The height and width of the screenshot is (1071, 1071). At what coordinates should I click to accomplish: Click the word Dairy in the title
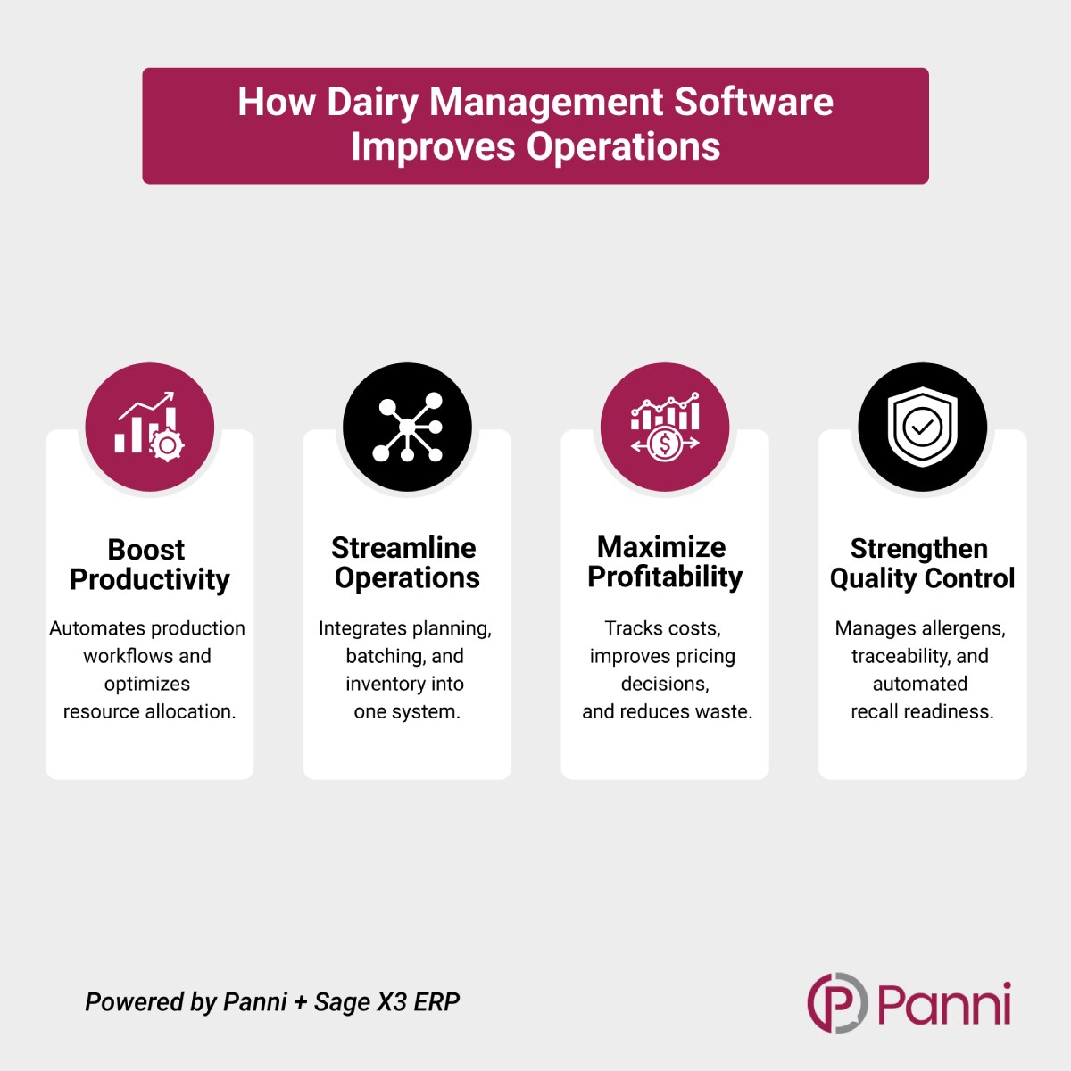pyautogui.click(x=372, y=103)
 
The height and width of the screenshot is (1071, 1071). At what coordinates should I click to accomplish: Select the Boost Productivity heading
pyautogui.click(x=149, y=564)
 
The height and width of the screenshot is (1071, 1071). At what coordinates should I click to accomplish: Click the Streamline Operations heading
pyautogui.click(x=407, y=562)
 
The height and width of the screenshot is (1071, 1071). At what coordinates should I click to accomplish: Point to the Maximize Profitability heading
pyautogui.click(x=664, y=561)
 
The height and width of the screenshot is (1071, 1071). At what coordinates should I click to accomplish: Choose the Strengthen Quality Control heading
pyautogui.click(x=922, y=563)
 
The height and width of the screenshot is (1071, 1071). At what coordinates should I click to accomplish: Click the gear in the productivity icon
pyautogui.click(x=167, y=444)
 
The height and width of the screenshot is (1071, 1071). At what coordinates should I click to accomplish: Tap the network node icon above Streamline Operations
pyautogui.click(x=407, y=428)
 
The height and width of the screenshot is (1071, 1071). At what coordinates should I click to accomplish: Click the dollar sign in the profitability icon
pyautogui.click(x=664, y=444)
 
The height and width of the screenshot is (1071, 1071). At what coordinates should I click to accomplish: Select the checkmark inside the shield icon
pyautogui.click(x=922, y=428)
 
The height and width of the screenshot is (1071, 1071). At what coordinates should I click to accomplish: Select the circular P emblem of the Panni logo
pyautogui.click(x=836, y=1002)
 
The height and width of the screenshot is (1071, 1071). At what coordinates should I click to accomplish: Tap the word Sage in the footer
pyautogui.click(x=342, y=1002)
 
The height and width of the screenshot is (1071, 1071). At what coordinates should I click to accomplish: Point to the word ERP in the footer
pyautogui.click(x=436, y=1002)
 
